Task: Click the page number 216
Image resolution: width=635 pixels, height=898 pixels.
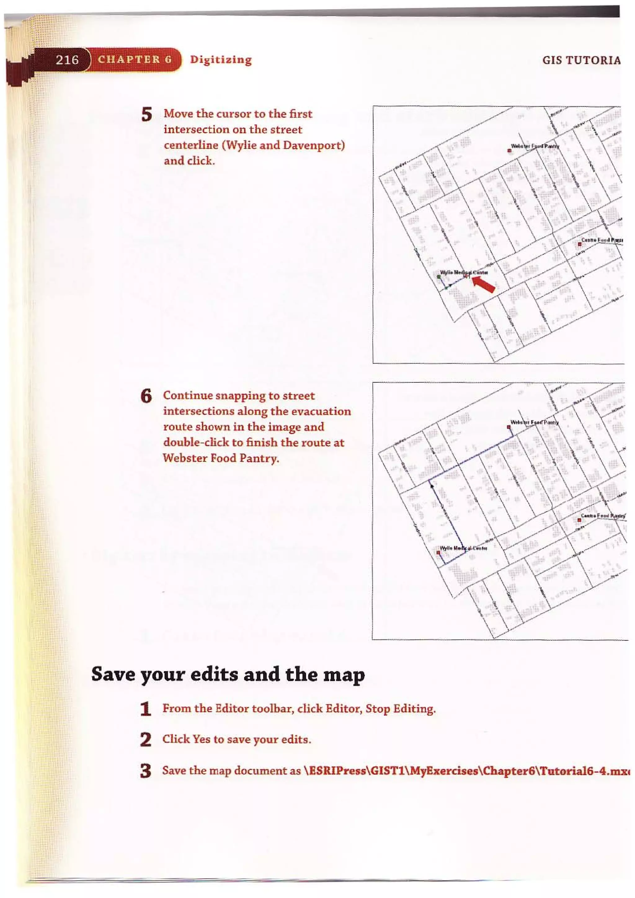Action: (67, 60)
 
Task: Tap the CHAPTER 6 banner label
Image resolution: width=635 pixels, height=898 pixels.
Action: (135, 60)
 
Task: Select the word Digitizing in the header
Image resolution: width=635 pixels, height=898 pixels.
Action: (221, 60)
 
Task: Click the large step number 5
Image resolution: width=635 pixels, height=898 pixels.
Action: (147, 115)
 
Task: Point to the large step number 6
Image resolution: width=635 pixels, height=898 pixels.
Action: (146, 396)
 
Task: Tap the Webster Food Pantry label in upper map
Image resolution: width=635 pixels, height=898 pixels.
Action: (535, 146)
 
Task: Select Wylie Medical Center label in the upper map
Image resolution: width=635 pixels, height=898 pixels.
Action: (464, 272)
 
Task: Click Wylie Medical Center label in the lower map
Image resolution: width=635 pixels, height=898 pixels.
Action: (464, 548)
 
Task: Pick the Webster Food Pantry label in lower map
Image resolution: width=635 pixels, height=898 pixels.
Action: (535, 422)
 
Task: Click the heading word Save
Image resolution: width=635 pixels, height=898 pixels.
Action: (113, 674)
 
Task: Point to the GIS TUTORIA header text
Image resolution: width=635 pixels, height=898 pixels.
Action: (581, 60)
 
